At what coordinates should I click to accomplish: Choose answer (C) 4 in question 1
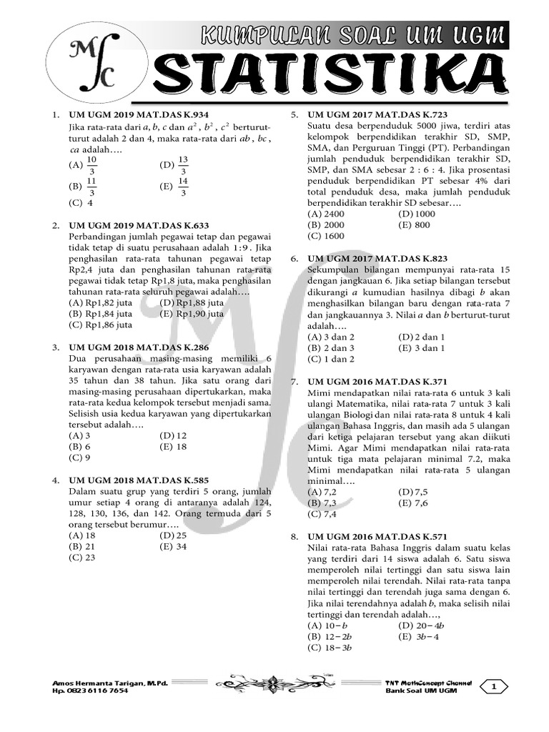point(81,202)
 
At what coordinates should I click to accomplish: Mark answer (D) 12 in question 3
point(174,435)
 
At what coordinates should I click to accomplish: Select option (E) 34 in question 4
point(174,546)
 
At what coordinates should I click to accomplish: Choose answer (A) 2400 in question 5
point(326,214)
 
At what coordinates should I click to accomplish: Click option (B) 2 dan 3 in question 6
point(330,347)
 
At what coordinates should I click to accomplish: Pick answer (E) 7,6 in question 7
point(412,503)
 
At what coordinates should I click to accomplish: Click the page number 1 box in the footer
point(493,687)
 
